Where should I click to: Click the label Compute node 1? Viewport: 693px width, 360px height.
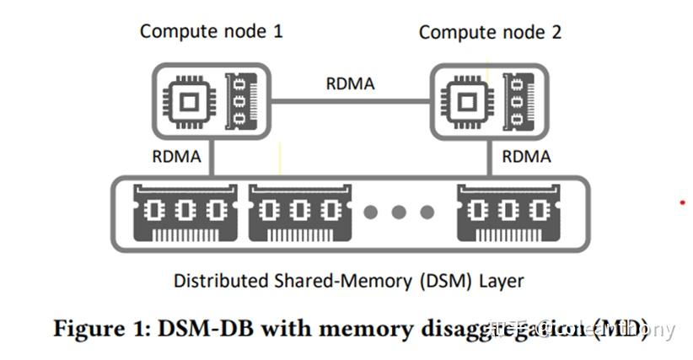coord(211,32)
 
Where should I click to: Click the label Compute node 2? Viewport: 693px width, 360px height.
coord(490,33)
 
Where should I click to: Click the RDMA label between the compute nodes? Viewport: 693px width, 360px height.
coord(350,84)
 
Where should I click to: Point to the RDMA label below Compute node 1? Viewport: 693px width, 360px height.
coord(176,156)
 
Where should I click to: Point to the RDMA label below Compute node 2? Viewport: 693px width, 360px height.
coord(526,156)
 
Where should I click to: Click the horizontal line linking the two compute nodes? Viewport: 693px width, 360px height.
coord(350,102)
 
